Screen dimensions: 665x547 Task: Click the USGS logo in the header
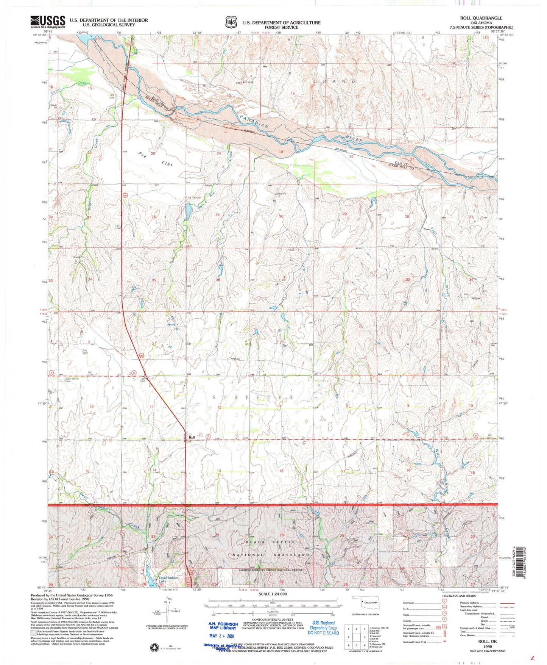48,22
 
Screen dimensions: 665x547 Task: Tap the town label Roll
192,437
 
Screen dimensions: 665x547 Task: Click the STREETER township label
253,397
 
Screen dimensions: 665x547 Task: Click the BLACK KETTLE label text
270,542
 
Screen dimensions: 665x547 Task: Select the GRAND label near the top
335,81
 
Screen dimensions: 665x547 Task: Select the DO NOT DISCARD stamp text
323,632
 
